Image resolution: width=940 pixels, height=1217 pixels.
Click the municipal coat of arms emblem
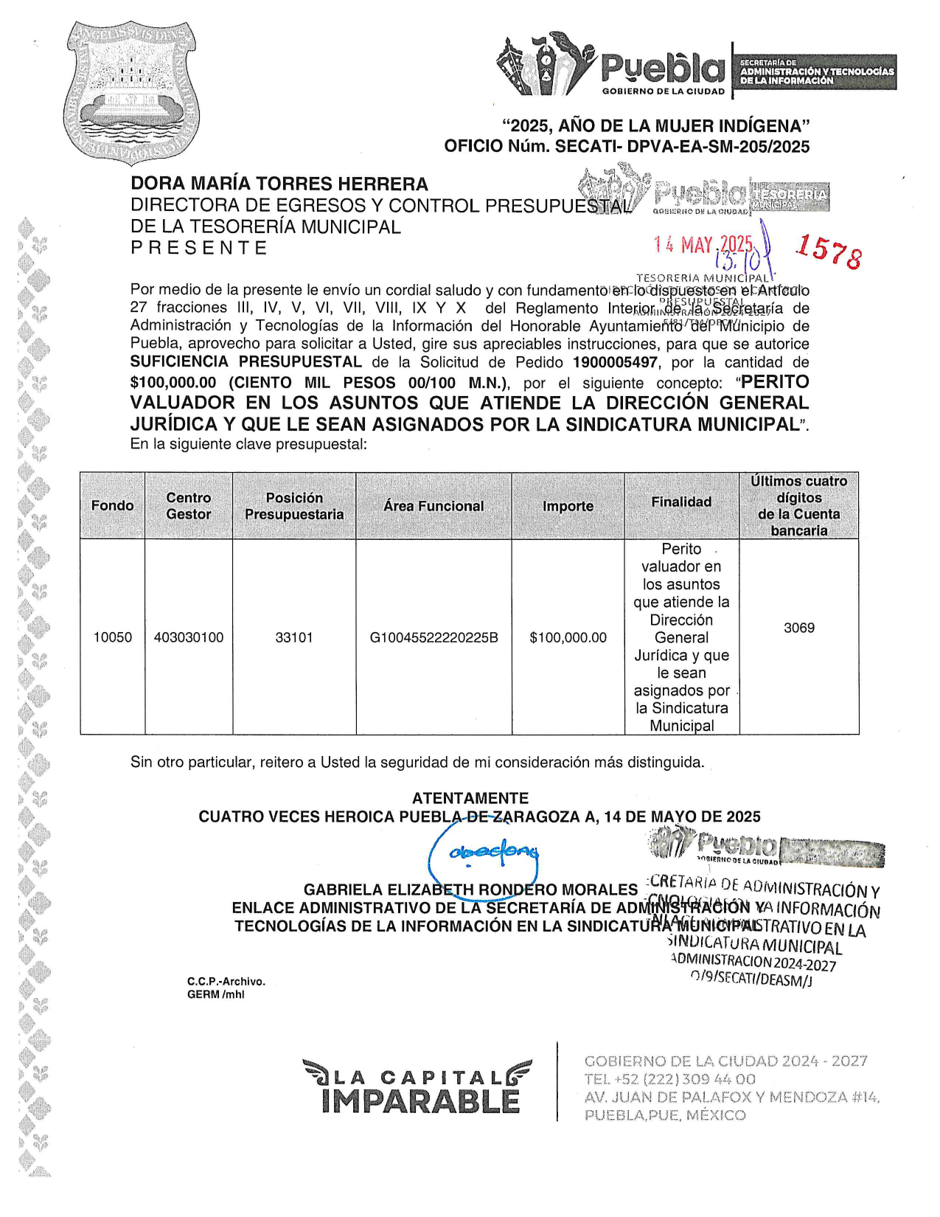pos(131,91)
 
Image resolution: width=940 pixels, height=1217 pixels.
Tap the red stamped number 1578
pos(828,251)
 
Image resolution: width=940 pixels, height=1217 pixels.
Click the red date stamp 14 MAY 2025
pos(703,245)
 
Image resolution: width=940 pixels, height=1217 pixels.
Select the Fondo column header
pos(112,505)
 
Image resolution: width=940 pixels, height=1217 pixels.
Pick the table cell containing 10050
pos(112,637)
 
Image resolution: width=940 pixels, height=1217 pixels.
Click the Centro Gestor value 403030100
pos(189,637)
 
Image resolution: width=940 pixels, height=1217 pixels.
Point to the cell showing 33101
pos(294,637)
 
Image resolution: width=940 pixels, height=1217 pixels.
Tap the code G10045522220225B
pos(434,637)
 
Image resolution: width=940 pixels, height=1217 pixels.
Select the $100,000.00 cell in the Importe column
pos(568,637)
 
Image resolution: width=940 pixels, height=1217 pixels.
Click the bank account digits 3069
pos(799,628)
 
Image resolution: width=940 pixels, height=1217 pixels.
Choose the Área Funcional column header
pos(434,506)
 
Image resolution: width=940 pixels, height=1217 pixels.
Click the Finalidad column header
pos(681,502)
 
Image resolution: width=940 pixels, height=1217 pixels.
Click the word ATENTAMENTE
pos(470,798)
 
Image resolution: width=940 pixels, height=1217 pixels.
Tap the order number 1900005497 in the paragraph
pos(615,362)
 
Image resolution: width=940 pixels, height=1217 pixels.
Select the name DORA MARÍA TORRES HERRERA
pos(279,184)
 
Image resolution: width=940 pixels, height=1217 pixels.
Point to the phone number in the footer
pos(660,1079)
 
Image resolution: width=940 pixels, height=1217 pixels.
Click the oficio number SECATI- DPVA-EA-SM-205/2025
pos(682,146)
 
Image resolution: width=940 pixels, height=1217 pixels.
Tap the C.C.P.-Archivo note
pos(226,981)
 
